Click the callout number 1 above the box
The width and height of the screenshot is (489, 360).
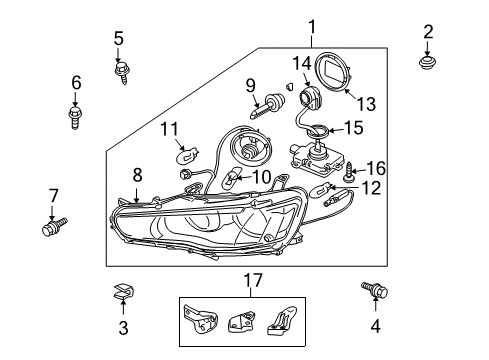coord(312,27)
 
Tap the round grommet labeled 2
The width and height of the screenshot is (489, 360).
coord(427,62)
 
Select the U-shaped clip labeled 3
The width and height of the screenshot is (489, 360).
coord(123,291)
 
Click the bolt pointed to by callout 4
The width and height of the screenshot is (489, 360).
coord(375,289)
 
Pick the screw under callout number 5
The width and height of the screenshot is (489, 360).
coord(122,72)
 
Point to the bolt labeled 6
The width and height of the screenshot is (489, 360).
coord(75,117)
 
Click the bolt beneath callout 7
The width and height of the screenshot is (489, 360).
coord(54,227)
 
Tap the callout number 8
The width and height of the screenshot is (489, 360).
coord(137,175)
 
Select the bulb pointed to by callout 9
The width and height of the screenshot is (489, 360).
coord(268,105)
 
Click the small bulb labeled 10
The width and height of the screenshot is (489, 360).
coord(230,178)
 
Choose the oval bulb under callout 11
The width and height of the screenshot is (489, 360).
coord(187,156)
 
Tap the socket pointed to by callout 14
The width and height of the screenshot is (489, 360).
coord(310,97)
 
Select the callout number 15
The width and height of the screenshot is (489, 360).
coord(353,128)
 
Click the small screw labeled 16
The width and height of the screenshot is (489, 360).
coord(349,172)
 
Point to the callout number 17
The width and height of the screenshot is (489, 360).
coord(253,280)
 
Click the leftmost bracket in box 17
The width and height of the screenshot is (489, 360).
coord(200,318)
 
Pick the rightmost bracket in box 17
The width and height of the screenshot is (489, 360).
coord(282,320)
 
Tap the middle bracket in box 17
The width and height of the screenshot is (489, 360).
coord(242,321)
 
